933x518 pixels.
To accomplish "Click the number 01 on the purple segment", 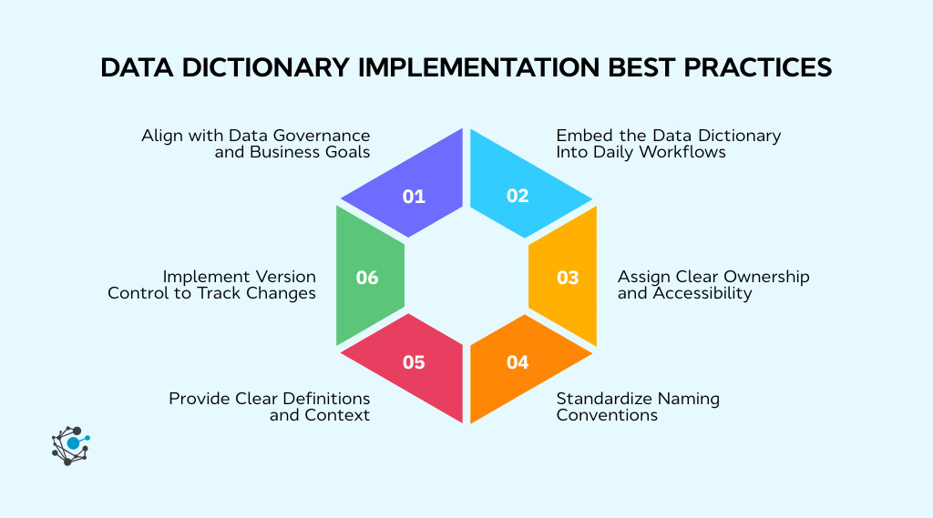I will click(414, 196).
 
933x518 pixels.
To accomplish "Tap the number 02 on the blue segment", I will click(518, 196).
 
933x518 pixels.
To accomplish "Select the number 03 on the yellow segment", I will click(568, 278).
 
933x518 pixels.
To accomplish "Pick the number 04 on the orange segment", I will click(518, 362).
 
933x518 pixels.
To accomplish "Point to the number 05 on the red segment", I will click(414, 362).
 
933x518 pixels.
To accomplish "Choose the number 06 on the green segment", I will click(367, 278).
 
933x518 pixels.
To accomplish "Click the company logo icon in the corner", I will click(70, 445).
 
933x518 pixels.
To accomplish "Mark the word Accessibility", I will click(702, 293).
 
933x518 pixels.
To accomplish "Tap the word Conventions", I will click(608, 415).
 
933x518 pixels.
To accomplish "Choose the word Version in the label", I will click(283, 276).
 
